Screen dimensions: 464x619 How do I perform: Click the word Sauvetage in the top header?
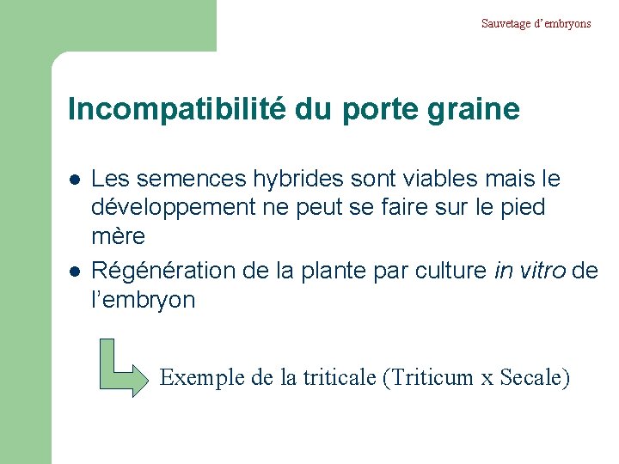(505, 23)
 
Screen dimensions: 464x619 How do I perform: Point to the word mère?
(119, 236)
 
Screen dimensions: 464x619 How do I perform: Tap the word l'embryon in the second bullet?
(144, 300)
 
